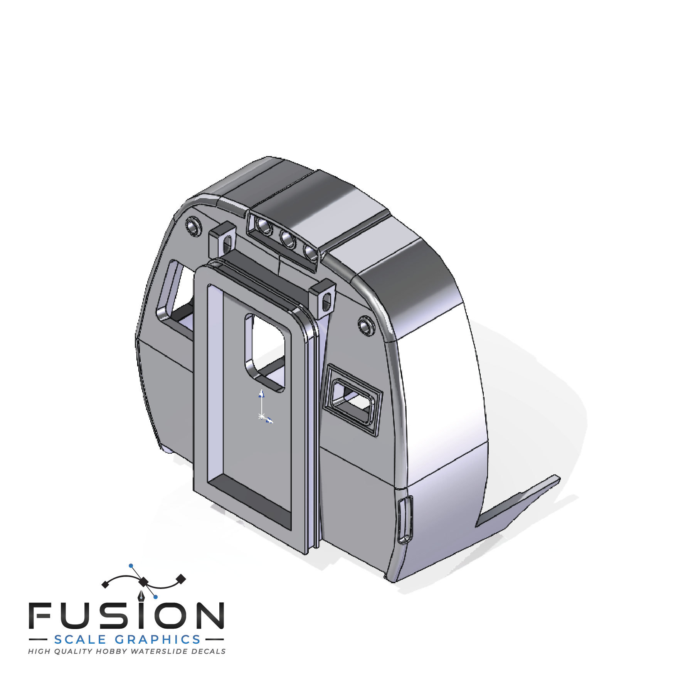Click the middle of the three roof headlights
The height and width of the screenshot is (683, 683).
[287, 239]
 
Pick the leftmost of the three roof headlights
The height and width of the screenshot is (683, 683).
[265, 225]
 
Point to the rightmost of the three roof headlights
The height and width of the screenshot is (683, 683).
[310, 252]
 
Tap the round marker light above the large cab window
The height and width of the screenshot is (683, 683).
[193, 226]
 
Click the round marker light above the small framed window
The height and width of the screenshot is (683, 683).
[366, 325]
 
